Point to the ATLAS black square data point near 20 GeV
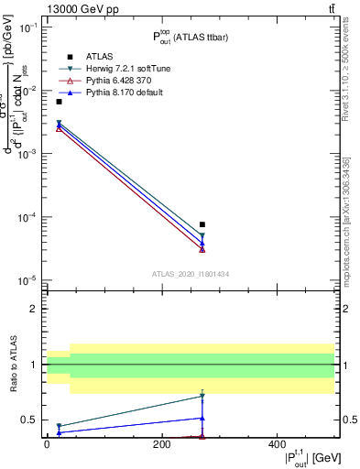click(x=59, y=102)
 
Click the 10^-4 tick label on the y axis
click(x=27, y=217)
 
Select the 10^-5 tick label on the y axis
click(x=27, y=280)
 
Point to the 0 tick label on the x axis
click(x=47, y=444)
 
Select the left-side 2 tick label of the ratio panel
click(x=36, y=309)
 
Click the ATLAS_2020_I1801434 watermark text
click(x=190, y=274)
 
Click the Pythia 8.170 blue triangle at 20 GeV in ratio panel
click(x=59, y=432)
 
